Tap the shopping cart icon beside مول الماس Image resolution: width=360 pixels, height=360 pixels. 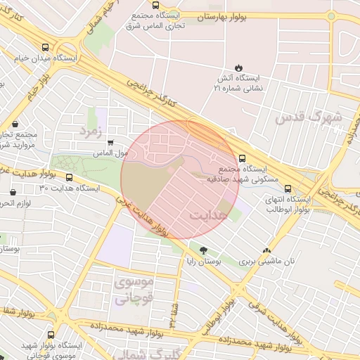point(110,143)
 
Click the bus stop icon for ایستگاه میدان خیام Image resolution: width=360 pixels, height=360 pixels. point(45,48)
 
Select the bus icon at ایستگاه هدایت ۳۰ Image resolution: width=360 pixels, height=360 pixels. point(69,178)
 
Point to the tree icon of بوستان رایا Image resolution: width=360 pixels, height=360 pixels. point(203,250)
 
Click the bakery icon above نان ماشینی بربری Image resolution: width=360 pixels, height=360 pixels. point(266,250)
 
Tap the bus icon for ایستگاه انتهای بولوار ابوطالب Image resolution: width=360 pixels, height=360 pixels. point(287,188)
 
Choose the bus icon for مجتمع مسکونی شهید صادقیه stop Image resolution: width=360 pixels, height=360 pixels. point(243,158)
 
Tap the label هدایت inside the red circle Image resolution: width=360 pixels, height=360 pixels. point(209,214)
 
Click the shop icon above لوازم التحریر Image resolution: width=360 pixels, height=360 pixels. point(13,193)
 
